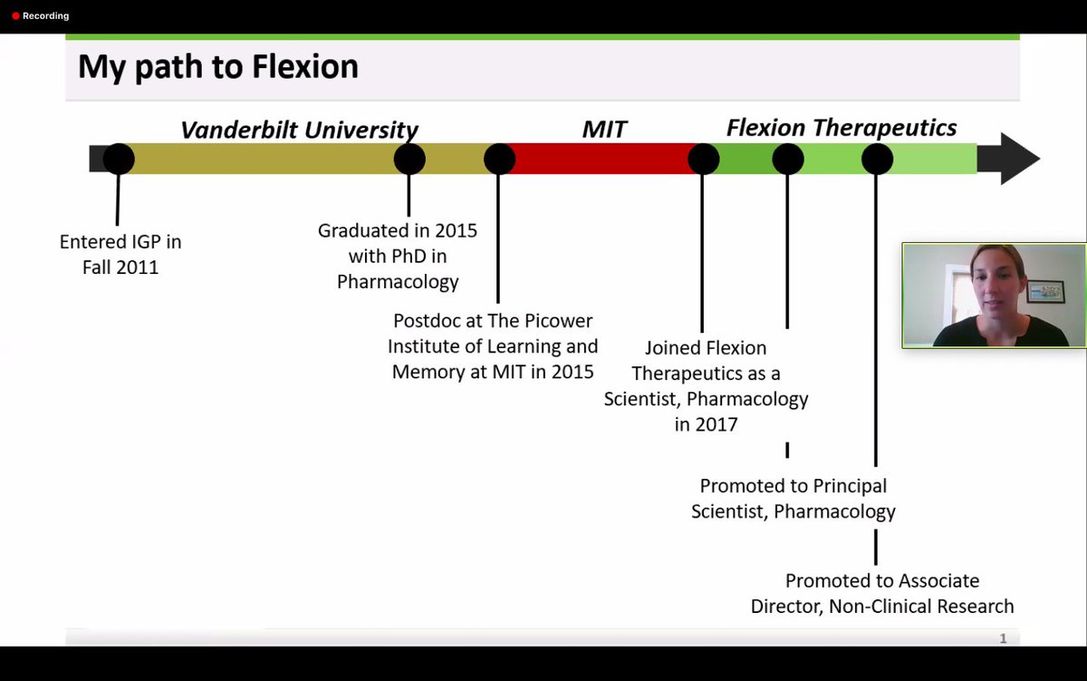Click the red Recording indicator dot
click(x=15, y=16)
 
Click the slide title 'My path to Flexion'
click(x=217, y=67)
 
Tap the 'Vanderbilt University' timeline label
click(x=299, y=130)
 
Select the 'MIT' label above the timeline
click(x=604, y=130)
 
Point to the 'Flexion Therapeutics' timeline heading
click(x=842, y=128)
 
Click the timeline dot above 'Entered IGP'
click(x=119, y=159)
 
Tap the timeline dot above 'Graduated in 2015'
click(x=409, y=159)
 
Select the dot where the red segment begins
click(x=499, y=159)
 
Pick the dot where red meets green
click(x=703, y=159)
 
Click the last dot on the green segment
click(x=877, y=159)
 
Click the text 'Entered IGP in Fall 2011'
click(x=120, y=255)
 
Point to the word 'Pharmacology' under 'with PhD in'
click(x=398, y=282)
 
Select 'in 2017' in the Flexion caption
click(x=706, y=423)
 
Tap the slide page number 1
click(x=1003, y=638)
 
